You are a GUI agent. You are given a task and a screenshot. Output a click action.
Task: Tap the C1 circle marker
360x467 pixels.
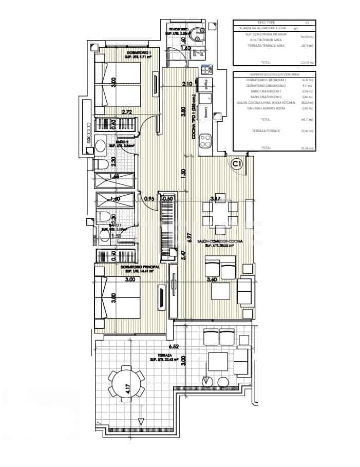tap(237, 164)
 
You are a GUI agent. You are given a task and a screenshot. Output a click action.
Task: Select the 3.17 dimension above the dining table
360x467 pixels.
tap(216, 198)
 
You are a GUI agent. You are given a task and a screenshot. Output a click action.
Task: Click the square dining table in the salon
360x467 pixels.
tap(220, 214)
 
